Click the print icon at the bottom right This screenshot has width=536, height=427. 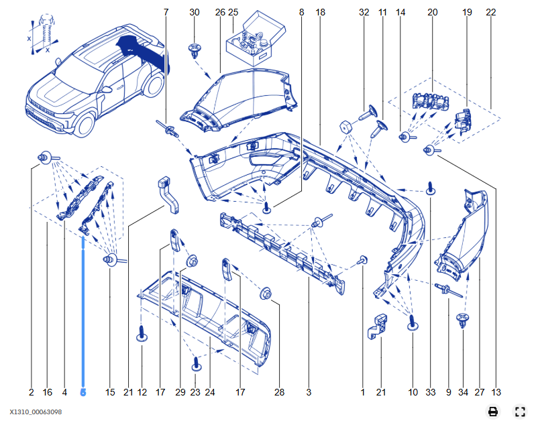[x=493, y=412]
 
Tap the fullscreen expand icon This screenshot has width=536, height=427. [x=519, y=412]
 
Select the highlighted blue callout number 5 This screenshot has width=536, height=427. [x=83, y=392]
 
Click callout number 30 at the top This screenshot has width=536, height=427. [x=195, y=13]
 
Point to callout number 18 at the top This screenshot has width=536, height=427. [x=320, y=13]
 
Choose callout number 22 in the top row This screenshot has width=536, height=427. [x=491, y=13]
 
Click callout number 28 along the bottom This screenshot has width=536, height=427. [x=279, y=392]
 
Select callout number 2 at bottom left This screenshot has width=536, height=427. [x=32, y=392]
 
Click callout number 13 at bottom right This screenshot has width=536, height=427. [x=496, y=392]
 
